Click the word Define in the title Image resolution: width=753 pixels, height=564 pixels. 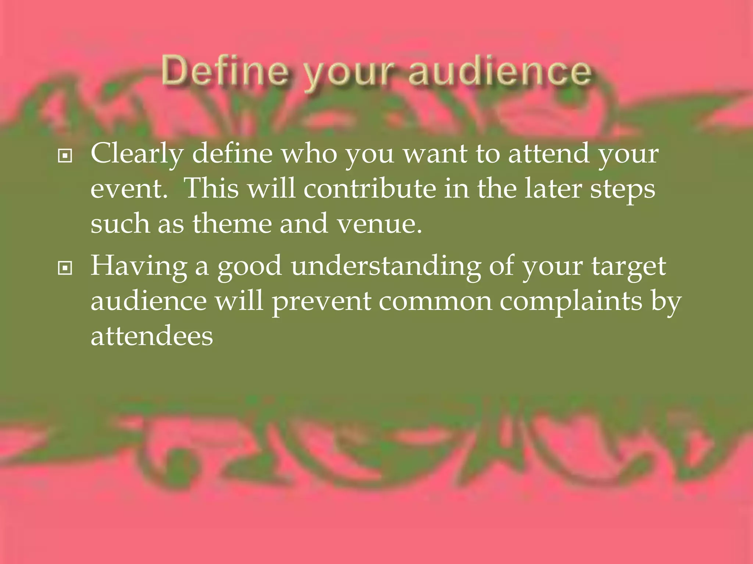point(225,70)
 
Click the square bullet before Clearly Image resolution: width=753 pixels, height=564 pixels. point(65,156)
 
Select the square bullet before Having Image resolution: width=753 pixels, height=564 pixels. point(65,268)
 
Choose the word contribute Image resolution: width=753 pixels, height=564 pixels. point(369,189)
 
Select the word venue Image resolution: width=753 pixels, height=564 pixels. point(379,224)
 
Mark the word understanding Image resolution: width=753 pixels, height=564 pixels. point(386,267)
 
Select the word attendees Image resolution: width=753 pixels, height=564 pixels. point(151,336)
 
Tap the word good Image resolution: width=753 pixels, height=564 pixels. point(250,267)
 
